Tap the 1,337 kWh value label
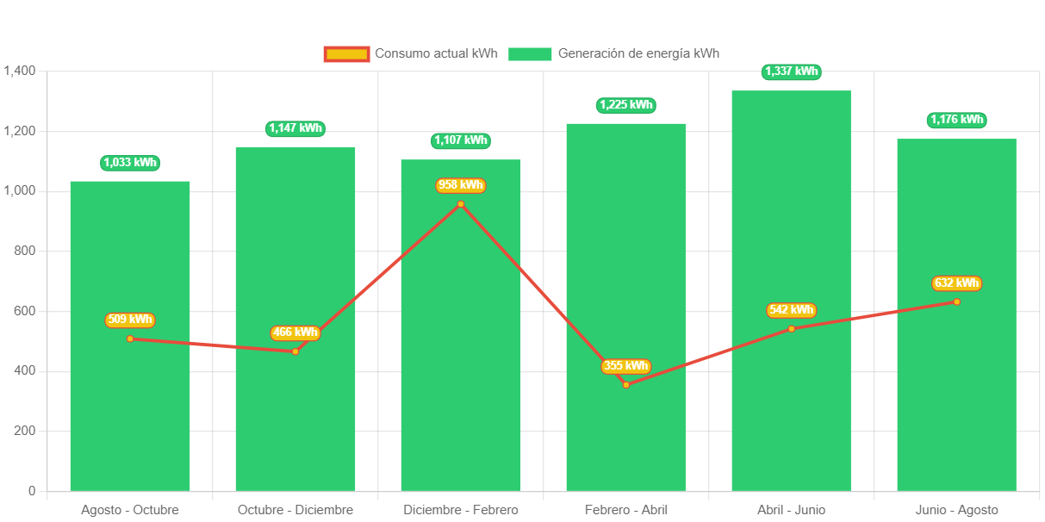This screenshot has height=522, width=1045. pos(791,71)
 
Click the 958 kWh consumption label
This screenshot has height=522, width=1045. pos(461,185)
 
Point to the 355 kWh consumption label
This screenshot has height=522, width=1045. pos(626,366)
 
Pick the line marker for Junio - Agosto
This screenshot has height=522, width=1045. pos(956,301)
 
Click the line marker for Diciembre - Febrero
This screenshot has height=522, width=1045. pos(461,204)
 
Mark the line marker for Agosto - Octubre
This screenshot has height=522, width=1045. pos(130,339)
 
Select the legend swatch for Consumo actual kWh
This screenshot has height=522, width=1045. pos(346,53)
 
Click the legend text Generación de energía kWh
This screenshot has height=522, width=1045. pos(638,53)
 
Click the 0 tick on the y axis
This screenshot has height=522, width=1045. pos(32,491)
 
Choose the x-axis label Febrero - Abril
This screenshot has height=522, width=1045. pos(626,510)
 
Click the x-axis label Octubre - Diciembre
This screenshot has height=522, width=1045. pos(295,510)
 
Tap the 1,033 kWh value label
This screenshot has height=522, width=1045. pos(130,163)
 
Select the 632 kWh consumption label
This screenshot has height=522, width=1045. pos(956,283)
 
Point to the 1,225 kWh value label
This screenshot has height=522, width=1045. pos(626,105)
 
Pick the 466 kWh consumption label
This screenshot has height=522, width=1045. pos(295,332)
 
